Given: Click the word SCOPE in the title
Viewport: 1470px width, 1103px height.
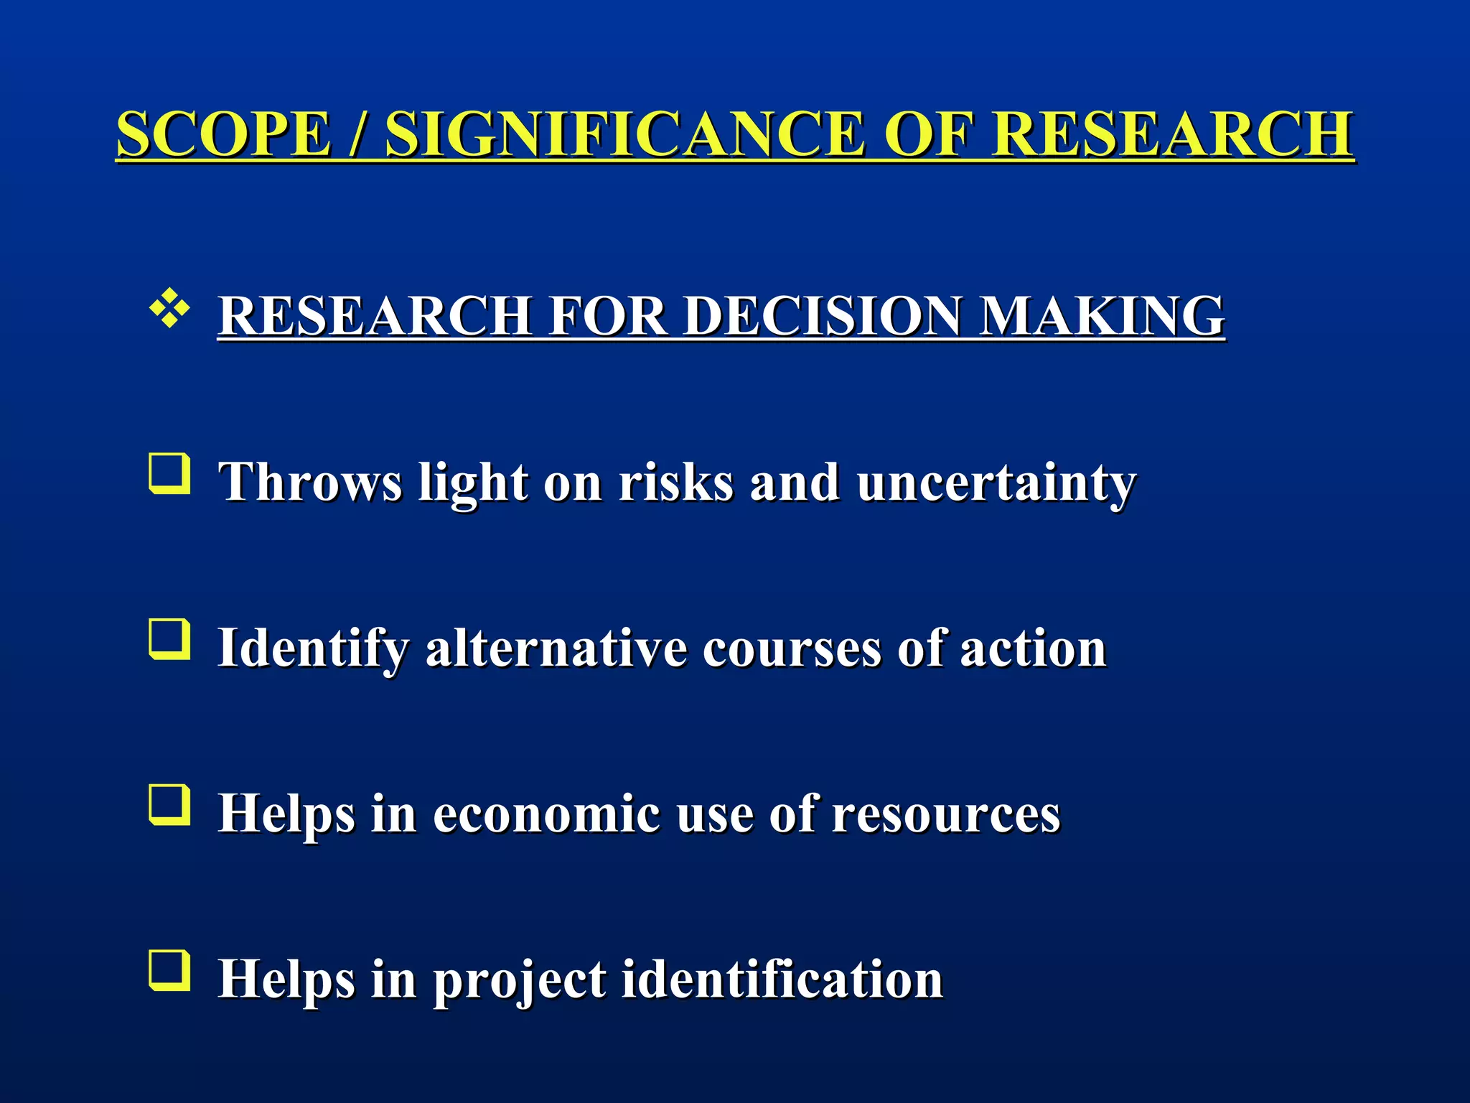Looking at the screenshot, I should pos(223,134).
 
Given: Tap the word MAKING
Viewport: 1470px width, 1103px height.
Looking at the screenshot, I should pos(1102,316).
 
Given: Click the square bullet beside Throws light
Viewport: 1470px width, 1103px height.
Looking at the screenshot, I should pos(170,474).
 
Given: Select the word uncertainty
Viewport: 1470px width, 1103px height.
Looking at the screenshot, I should pos(996,483).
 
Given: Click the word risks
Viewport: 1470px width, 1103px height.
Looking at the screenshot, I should pos(675,483).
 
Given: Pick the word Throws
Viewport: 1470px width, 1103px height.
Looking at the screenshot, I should pos(310,483).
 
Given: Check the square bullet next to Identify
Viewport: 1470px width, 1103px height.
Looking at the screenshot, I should pos(170,639).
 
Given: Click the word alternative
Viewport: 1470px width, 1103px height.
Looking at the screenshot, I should pos(556,648).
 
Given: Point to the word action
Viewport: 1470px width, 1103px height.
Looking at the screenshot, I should pos(1033,648).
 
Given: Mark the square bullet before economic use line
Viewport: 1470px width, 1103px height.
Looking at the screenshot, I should pos(170,805).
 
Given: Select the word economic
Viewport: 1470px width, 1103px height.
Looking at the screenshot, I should pos(546,814).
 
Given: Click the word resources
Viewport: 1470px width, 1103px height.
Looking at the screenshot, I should pos(945,814).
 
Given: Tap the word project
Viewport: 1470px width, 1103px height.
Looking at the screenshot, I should pos(520,980).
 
